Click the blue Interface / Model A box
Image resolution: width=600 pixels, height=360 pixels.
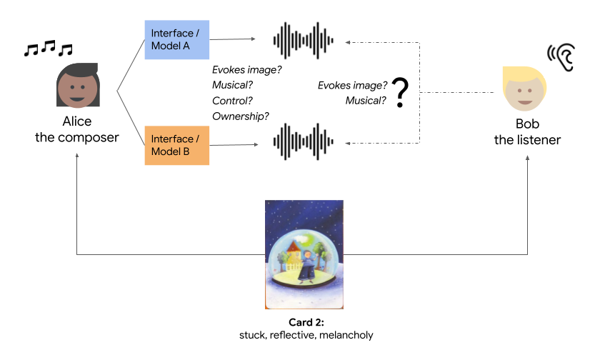coord(176,40)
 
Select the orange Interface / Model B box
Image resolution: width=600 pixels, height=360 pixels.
coord(176,145)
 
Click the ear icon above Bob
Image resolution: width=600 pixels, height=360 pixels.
coord(561,55)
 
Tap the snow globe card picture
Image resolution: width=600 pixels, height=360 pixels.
coord(304,254)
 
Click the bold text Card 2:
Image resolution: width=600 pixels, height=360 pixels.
coord(305,322)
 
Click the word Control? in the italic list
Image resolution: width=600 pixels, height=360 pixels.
coord(233,100)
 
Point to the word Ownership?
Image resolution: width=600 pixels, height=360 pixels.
coord(241,116)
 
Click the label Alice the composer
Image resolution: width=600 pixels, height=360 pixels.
coord(76,129)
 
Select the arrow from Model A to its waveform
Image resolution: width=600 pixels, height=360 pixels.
coord(232,39)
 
